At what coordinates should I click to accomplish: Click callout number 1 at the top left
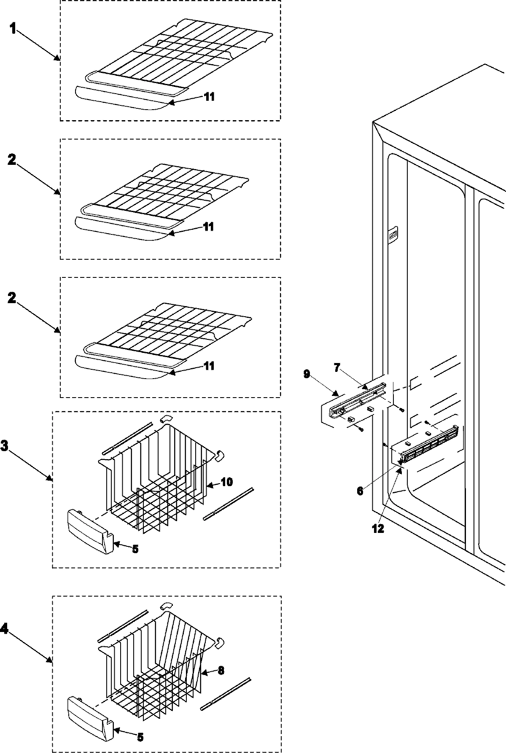click(13, 30)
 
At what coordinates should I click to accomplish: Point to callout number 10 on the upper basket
click(226, 482)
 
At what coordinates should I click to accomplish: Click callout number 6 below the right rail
click(360, 491)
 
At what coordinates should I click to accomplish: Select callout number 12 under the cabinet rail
click(378, 528)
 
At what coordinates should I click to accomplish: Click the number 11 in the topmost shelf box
click(209, 97)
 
